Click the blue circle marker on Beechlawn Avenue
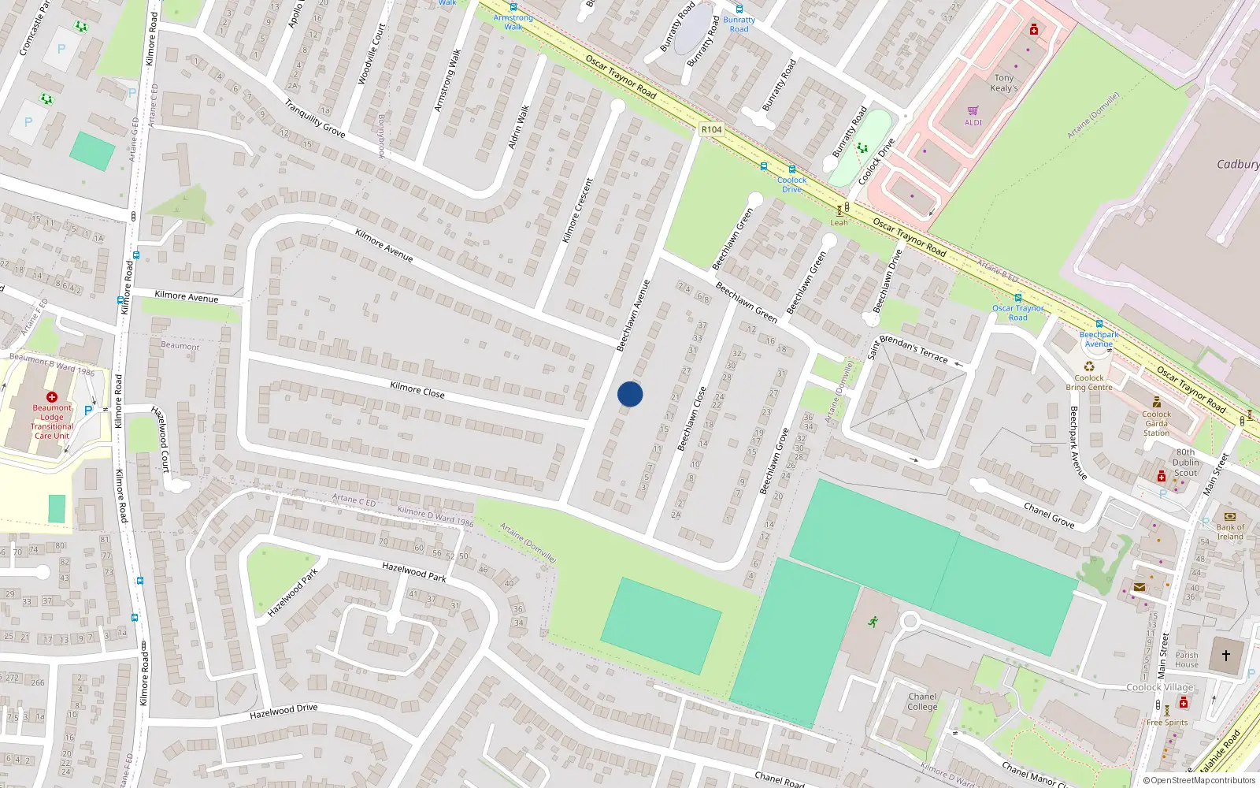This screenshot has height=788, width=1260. (x=630, y=394)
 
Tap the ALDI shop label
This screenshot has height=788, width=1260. (x=973, y=122)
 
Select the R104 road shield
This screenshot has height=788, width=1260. (x=711, y=129)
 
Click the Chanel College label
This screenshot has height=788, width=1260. (x=922, y=701)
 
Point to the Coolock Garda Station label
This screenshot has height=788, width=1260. (x=1156, y=423)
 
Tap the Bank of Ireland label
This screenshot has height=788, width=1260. (x=1230, y=532)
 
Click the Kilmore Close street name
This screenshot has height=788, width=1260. (x=417, y=389)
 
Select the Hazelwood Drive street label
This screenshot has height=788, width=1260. (x=283, y=712)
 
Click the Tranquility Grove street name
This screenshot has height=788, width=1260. (x=314, y=118)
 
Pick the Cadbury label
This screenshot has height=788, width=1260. (x=1237, y=164)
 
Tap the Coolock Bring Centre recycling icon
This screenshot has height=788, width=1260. (x=1089, y=366)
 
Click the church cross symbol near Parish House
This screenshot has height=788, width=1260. (x=1225, y=656)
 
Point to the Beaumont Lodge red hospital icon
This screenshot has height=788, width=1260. (x=52, y=397)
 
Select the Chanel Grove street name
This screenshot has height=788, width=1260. (x=1049, y=514)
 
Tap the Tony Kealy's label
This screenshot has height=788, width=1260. (x=1004, y=83)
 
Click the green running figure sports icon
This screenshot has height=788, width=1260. (x=873, y=622)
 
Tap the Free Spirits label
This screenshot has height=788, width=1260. (x=1167, y=723)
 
